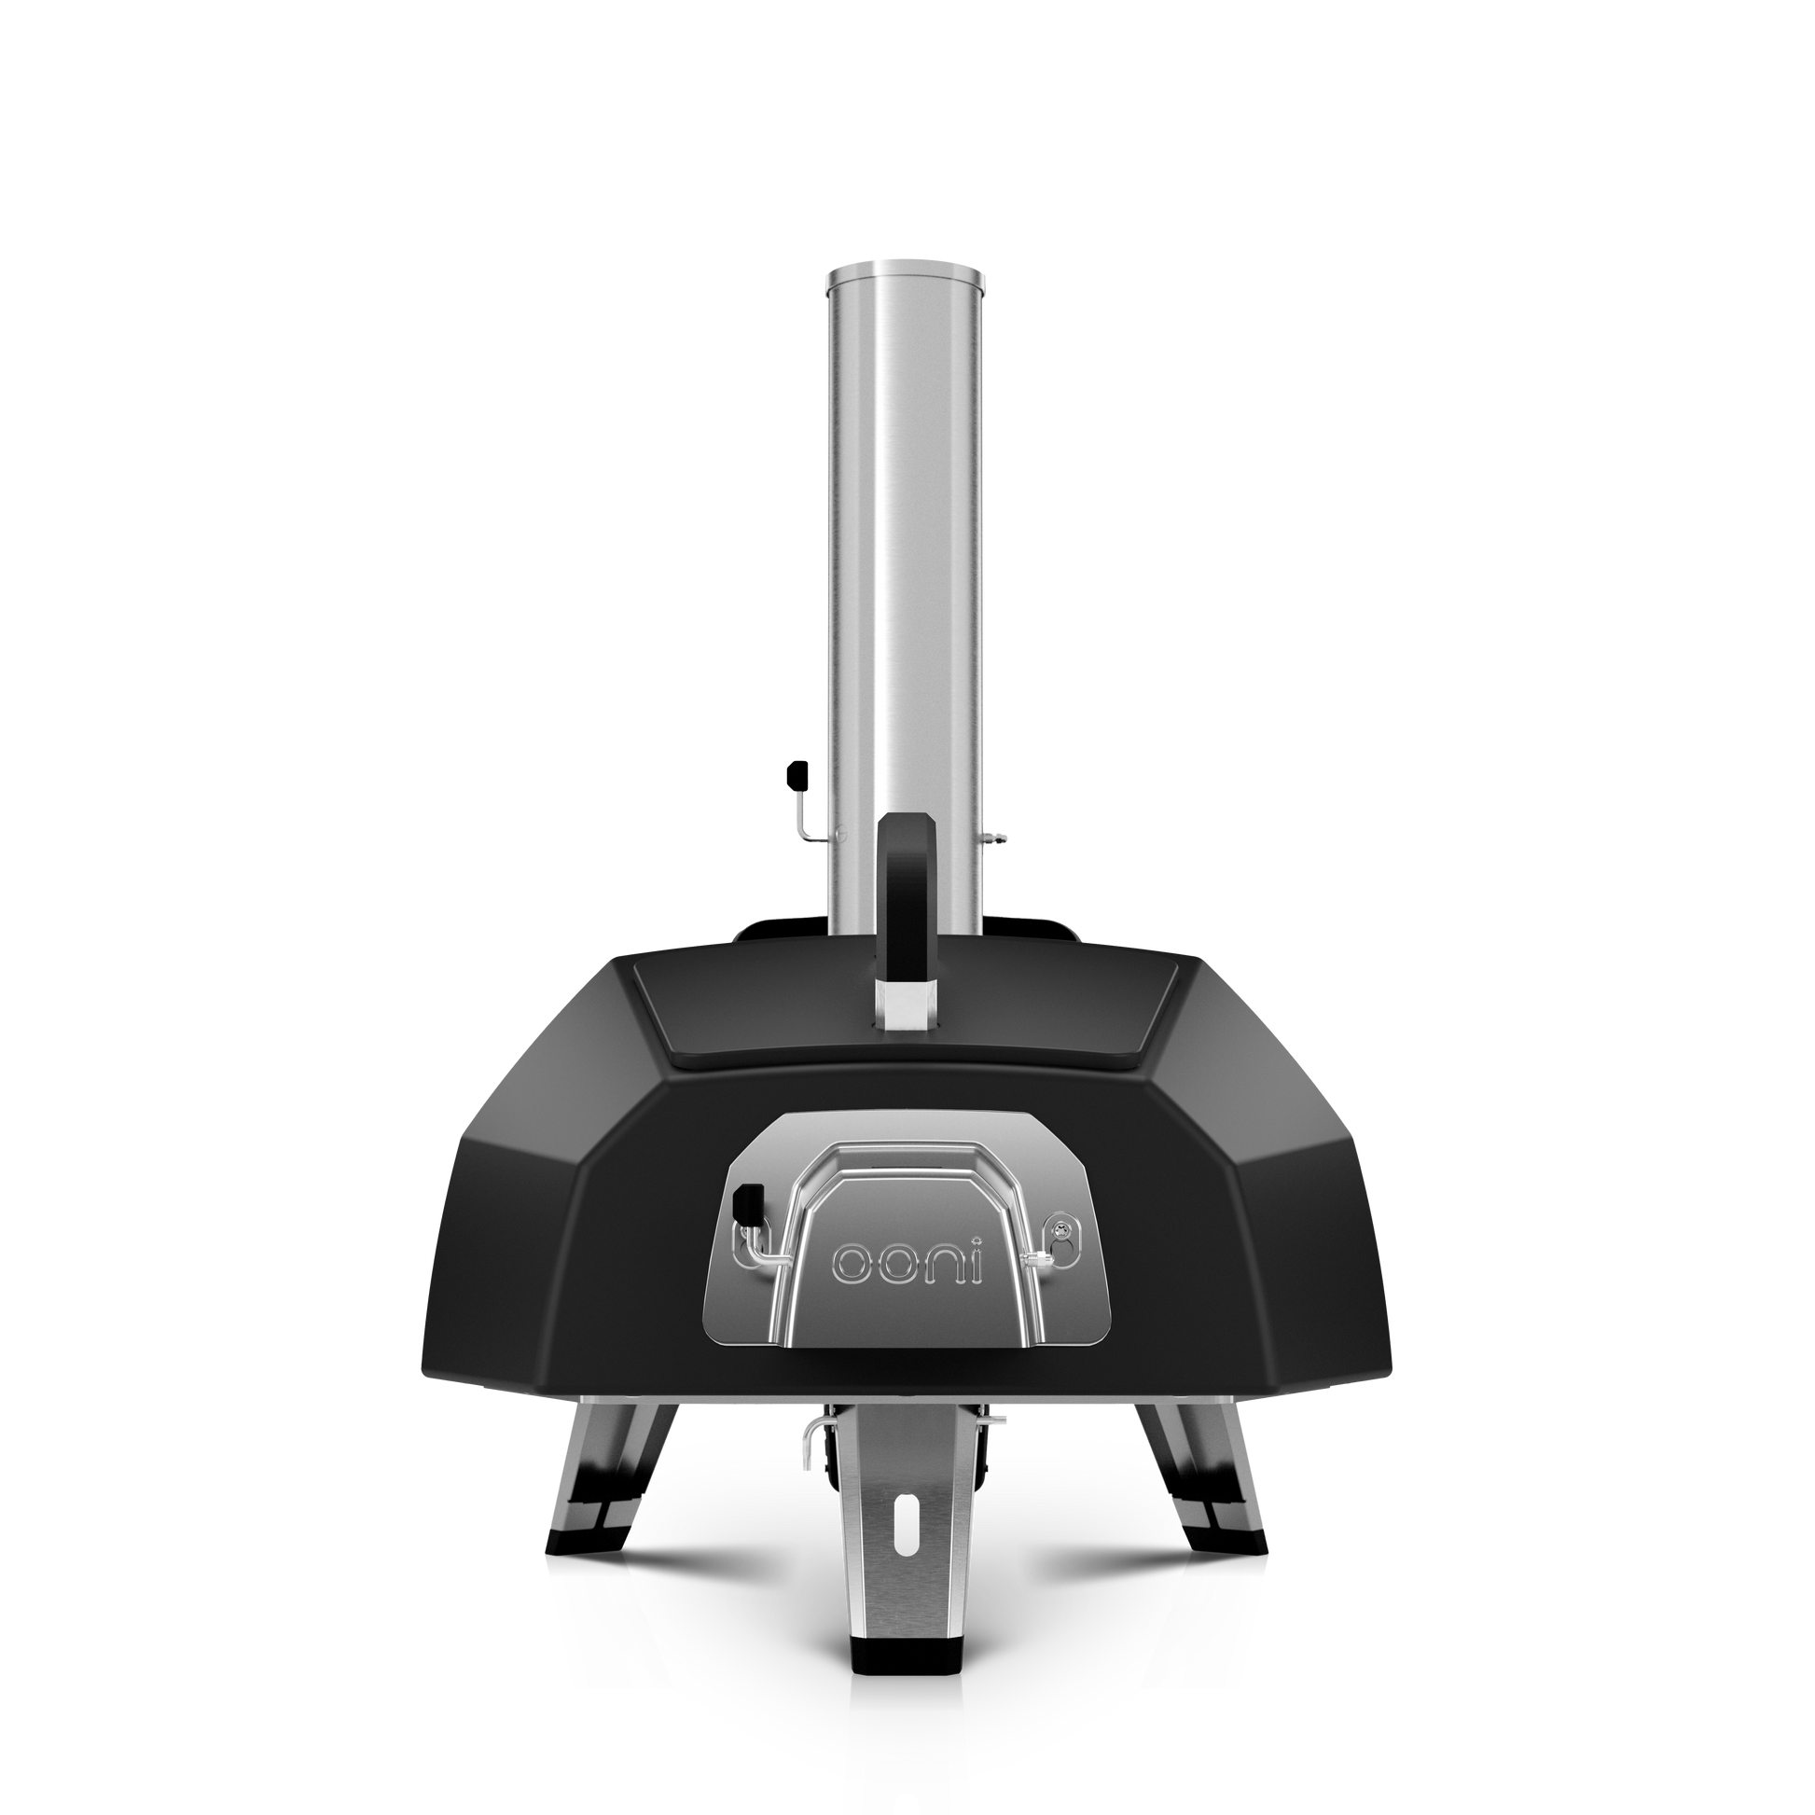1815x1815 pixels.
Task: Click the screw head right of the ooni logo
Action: point(1062,1225)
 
